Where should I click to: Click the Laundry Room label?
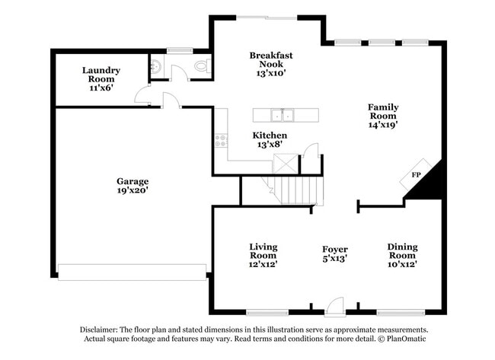pos(99,74)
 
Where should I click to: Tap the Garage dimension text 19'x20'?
pos(132,191)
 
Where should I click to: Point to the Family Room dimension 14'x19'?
pos(383,124)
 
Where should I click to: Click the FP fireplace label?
pos(417,175)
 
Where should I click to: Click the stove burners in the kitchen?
pos(221,140)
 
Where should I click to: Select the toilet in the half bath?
pos(202,67)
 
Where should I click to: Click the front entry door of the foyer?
pos(334,308)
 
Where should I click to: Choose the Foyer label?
pos(334,249)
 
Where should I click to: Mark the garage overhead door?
pos(132,272)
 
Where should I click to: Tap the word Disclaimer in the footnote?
pos(102,330)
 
